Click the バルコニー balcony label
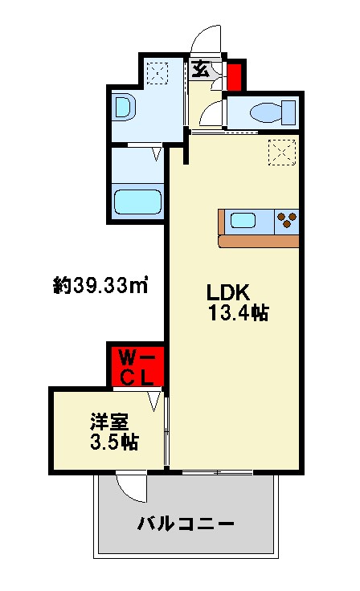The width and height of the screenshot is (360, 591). coord(185,524)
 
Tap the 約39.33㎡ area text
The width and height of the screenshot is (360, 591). coord(99,285)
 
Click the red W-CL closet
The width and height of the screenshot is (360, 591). coord(137,366)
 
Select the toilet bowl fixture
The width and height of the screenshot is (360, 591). coord(266,112)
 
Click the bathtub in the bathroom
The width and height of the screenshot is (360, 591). coord(138,200)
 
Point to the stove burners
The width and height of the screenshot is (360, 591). coord(285,220)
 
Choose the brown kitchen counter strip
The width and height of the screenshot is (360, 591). coord(257,240)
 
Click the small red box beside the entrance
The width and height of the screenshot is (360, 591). coord(235,78)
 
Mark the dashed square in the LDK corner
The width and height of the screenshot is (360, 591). coord(281,152)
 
